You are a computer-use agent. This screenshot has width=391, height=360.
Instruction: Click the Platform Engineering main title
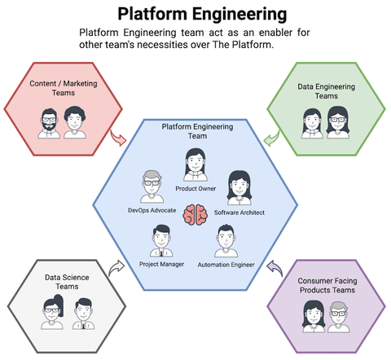pos(201,14)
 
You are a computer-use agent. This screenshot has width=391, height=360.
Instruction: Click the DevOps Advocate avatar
pos(152,186)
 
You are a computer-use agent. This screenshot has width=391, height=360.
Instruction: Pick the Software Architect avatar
pos(238,188)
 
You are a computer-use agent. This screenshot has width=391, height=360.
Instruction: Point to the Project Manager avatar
pos(160,241)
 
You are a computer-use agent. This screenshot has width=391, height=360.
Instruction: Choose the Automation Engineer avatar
pos(225,241)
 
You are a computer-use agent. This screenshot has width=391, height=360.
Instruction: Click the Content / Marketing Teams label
pos(63,89)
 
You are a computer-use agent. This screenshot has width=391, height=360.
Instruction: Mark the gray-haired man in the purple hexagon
pos(338,315)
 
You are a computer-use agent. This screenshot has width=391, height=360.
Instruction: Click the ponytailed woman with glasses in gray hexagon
pos(51,314)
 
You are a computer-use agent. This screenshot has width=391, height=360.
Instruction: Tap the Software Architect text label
pos(239,213)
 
